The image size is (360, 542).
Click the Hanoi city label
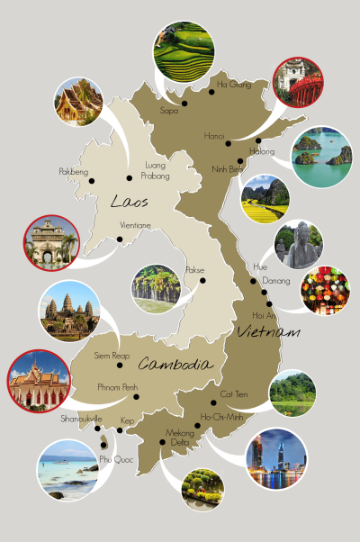(x=213, y=137)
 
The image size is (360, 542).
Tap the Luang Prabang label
(x=157, y=169)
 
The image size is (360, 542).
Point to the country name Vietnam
(x=267, y=333)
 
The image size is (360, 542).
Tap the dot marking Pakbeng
(x=91, y=181)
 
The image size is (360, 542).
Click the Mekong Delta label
(x=180, y=437)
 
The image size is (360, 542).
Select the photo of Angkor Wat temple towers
(x=69, y=312)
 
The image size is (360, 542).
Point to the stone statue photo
(x=298, y=244)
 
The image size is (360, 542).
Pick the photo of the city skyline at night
(x=276, y=458)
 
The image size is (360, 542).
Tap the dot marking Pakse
(x=202, y=280)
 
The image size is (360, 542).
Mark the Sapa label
(x=169, y=111)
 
